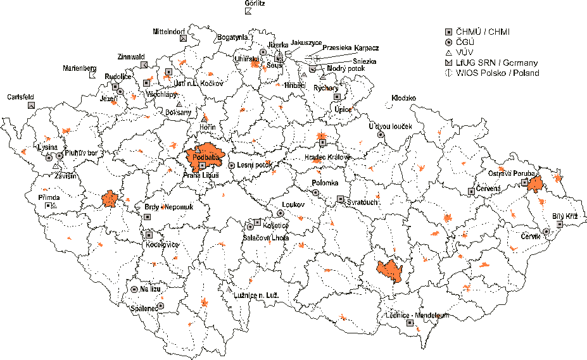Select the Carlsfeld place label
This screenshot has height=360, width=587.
(x=20, y=97)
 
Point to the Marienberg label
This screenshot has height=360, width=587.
(x=79, y=68)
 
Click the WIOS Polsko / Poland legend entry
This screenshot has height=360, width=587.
(x=497, y=73)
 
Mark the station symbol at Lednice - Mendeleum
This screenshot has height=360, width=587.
(x=410, y=323)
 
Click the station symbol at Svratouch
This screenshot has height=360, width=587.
(x=341, y=199)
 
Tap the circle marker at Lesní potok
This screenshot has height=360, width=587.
(x=232, y=165)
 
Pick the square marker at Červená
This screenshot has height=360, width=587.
(x=471, y=190)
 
